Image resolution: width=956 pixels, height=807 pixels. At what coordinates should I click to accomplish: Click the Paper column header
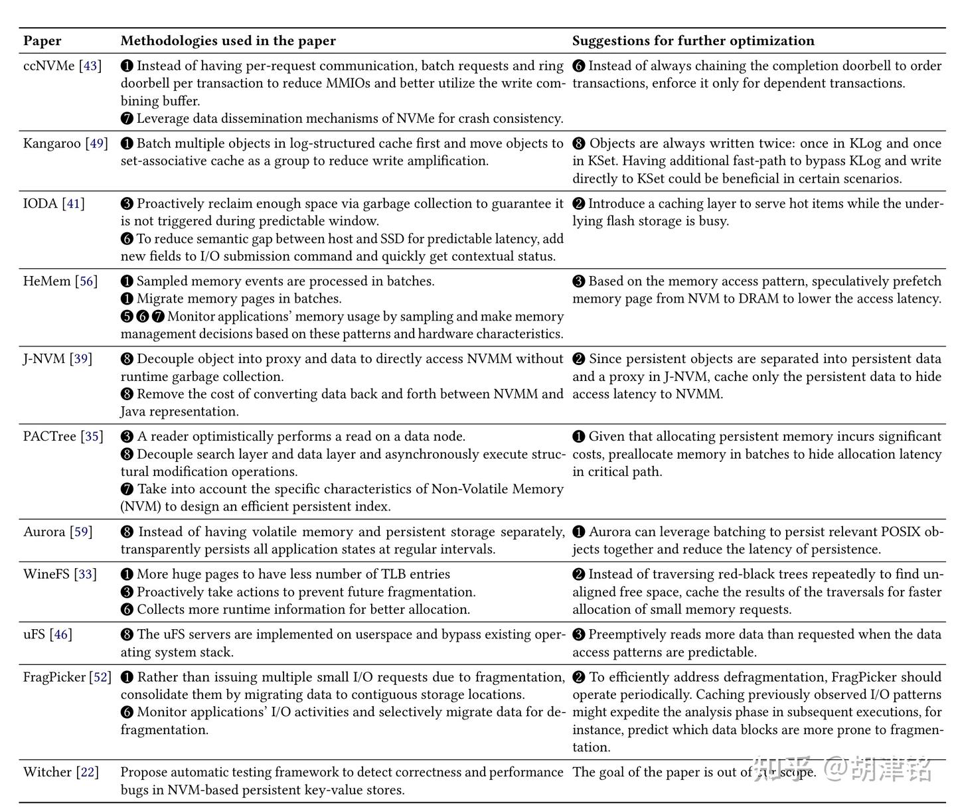tap(42, 40)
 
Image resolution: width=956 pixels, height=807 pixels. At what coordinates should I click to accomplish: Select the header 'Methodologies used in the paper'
tap(228, 40)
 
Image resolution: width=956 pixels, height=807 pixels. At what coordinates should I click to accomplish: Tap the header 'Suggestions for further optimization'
tap(693, 40)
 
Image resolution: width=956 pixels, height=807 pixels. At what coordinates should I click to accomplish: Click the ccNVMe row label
tap(48, 66)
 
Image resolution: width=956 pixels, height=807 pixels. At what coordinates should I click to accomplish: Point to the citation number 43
tap(90, 66)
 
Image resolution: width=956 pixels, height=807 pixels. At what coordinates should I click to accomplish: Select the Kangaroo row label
tap(52, 143)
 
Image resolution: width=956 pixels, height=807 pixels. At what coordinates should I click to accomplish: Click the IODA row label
tap(40, 204)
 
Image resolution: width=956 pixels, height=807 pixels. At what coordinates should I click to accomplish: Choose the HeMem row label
tap(46, 281)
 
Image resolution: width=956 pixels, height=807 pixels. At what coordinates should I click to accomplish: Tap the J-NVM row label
tap(44, 359)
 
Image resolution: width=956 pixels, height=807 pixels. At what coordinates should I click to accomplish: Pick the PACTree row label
tap(50, 437)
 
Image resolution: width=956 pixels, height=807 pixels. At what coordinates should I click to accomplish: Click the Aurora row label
tap(44, 532)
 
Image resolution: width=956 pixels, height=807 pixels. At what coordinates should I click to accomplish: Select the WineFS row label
tap(46, 574)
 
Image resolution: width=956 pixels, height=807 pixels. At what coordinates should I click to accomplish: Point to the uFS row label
tap(34, 634)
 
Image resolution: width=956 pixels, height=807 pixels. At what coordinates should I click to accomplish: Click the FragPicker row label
tap(54, 677)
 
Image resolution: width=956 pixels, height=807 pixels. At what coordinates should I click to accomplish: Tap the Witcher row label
tap(47, 772)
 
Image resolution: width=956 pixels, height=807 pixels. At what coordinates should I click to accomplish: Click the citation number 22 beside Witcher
tap(87, 772)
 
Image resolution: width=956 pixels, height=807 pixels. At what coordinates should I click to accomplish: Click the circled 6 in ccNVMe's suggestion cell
tap(579, 66)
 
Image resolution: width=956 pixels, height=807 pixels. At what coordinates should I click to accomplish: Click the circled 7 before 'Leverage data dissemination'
tap(127, 119)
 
